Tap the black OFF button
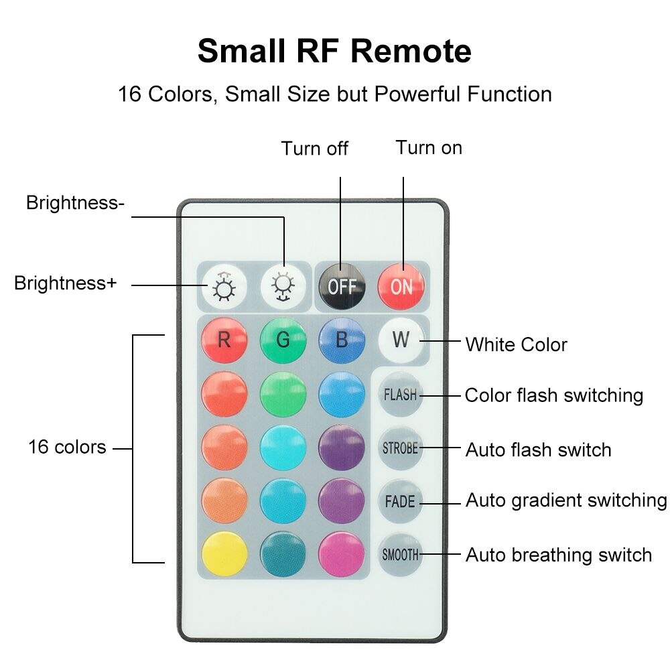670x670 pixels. point(342,285)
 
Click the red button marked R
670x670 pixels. point(224,340)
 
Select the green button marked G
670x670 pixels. point(283,340)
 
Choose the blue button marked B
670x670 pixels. point(342,340)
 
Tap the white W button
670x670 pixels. point(401,340)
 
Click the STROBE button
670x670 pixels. point(401,448)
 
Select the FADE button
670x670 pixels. point(401,501)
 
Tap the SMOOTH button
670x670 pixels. point(401,555)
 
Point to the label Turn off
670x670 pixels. point(314,148)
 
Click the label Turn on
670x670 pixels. point(429,147)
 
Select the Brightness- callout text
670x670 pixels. point(75,202)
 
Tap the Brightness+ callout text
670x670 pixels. point(66,283)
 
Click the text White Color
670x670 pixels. point(516,344)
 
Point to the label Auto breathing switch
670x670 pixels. point(559,555)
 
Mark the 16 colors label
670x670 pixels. point(67,447)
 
